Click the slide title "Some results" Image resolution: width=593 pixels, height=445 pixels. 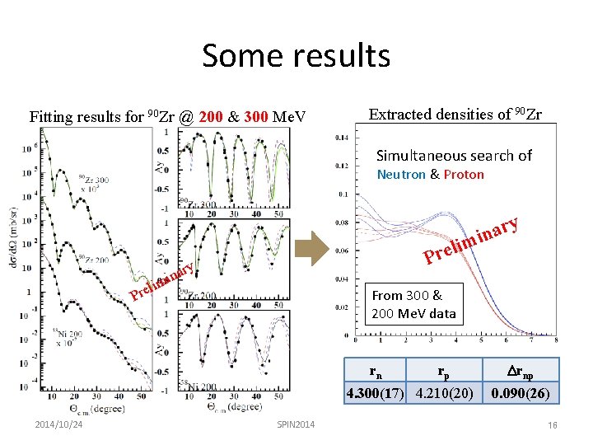296,56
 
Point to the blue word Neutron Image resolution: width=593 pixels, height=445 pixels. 402,175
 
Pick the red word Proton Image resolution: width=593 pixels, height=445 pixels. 464,175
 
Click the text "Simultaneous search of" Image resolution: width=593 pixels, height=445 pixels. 454,156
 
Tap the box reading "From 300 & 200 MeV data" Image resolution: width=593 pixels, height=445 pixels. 413,304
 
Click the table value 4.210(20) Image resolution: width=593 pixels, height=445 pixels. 445,393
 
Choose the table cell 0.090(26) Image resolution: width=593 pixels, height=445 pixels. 521,393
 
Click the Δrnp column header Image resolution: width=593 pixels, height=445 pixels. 521,370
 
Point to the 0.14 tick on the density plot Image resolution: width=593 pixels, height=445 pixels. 340,138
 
